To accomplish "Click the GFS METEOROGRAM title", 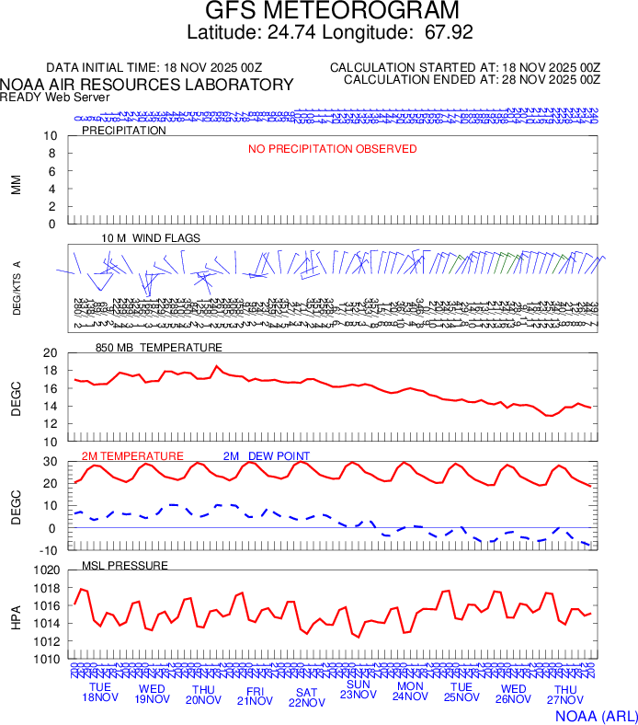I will click(x=331, y=12).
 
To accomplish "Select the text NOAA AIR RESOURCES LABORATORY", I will click(x=147, y=85).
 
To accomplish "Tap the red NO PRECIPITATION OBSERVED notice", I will click(x=333, y=149).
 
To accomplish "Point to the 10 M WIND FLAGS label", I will click(x=151, y=238).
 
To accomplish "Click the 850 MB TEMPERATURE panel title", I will click(x=159, y=348).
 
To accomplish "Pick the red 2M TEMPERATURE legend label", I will click(x=132, y=456).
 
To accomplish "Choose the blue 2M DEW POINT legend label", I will click(x=267, y=456).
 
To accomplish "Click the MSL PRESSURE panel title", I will click(x=125, y=565).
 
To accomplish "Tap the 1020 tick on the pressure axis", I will click(x=47, y=571).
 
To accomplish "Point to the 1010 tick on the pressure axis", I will click(x=47, y=660).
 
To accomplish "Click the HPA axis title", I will click(x=16, y=615).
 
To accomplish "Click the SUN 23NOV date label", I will click(x=358, y=690).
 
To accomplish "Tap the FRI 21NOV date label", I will click(x=255, y=695).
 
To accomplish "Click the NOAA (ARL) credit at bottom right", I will click(x=595, y=715).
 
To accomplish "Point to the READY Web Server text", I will click(x=55, y=97).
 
